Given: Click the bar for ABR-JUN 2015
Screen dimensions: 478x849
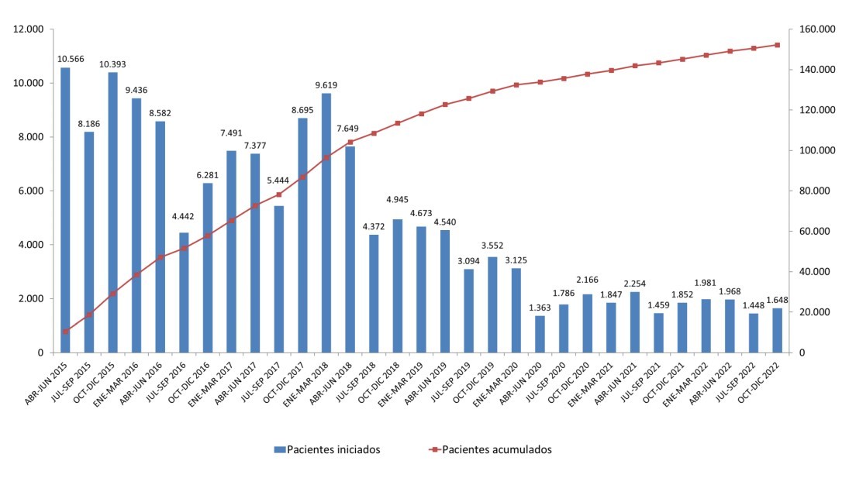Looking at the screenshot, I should click(x=65, y=209).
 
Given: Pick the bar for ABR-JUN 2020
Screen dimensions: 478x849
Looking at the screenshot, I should click(x=540, y=334).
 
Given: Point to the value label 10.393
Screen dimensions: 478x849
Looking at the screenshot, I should click(x=113, y=64).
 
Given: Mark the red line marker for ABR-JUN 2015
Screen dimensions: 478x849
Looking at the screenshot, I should click(x=65, y=332).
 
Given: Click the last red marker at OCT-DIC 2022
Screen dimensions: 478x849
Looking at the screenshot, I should click(x=777, y=45).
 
